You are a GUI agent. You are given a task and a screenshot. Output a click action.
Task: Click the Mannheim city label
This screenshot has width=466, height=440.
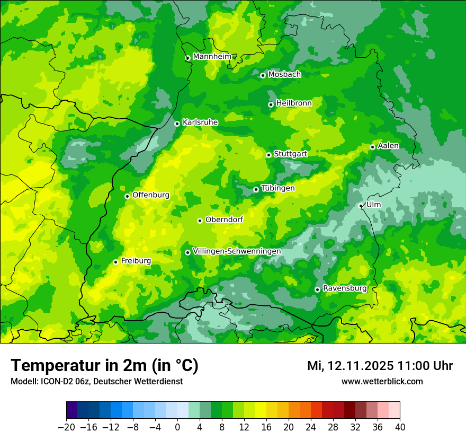click(x=212, y=57)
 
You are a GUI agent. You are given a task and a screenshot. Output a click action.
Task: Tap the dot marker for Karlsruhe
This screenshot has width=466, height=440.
click(x=177, y=124)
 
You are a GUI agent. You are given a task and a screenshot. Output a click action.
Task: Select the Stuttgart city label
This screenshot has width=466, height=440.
click(x=290, y=154)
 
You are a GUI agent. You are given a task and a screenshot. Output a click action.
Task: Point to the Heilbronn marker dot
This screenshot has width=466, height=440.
click(x=271, y=104)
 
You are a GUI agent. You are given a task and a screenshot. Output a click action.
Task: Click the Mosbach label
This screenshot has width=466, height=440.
click(x=284, y=75)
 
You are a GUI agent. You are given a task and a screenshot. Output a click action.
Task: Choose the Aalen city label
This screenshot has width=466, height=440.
click(x=388, y=146)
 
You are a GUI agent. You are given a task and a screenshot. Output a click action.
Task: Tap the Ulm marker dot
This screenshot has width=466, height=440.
click(x=361, y=206)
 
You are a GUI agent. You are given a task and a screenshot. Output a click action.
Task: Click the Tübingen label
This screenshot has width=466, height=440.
click(x=278, y=188)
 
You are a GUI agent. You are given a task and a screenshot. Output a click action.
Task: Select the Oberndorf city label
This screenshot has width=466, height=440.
click(x=224, y=219)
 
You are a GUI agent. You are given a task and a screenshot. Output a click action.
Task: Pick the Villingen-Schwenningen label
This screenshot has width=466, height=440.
click(x=237, y=251)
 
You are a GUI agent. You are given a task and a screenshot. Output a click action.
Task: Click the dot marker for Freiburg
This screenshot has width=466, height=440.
click(x=115, y=262)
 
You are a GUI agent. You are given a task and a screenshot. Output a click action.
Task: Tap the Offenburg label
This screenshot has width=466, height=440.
click(x=151, y=195)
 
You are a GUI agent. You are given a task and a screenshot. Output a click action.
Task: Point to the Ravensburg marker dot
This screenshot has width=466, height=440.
click(x=317, y=289)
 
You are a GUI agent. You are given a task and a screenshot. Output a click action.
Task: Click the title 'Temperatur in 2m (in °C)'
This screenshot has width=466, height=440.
click(x=104, y=366)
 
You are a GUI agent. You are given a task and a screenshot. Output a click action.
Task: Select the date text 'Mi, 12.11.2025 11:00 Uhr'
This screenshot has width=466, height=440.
click(x=380, y=366)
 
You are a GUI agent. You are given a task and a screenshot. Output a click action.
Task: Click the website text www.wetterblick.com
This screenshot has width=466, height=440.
click(x=382, y=382)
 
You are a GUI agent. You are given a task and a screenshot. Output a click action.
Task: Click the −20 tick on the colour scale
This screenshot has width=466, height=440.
click(x=66, y=427)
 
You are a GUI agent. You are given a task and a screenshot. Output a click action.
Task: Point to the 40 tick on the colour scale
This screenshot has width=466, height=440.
click(x=400, y=427)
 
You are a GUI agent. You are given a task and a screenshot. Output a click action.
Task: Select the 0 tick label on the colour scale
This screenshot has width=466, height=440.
click(x=177, y=427)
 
